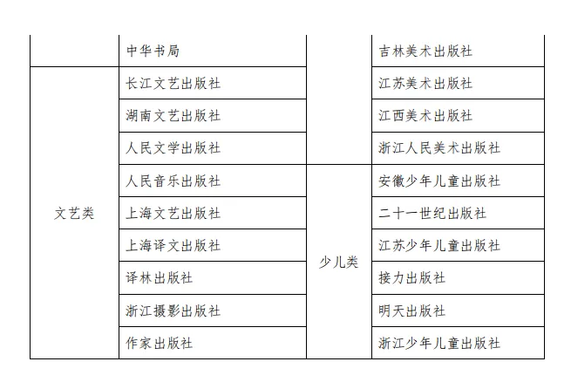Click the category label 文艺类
(x=74, y=214)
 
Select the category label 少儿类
(x=338, y=262)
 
